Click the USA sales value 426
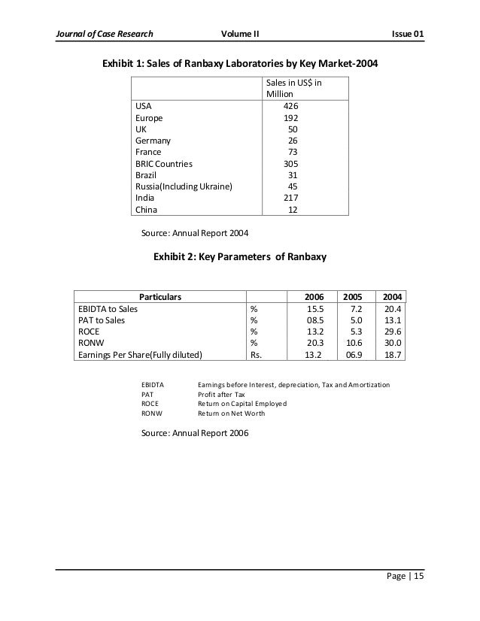(290, 106)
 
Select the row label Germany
(153, 141)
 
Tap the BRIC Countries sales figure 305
(290, 163)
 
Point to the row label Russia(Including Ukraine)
(184, 186)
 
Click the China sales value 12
(293, 210)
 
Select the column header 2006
(313, 296)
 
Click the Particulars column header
(160, 296)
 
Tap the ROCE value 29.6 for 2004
(390, 332)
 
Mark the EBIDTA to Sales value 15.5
(314, 308)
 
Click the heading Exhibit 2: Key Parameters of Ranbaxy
(240, 258)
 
